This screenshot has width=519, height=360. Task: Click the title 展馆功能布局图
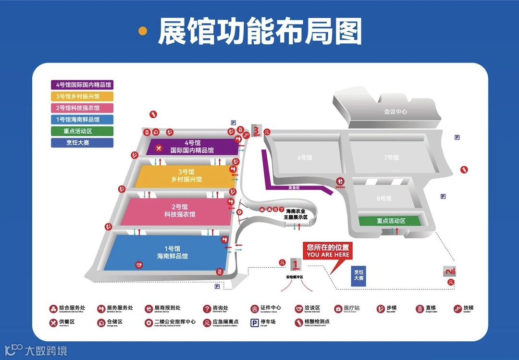tap(259, 32)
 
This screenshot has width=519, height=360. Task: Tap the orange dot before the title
tap(143, 31)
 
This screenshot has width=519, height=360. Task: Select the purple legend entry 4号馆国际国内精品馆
tap(82, 85)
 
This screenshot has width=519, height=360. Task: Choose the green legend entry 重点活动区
tap(82, 131)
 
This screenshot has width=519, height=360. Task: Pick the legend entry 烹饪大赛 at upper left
tap(82, 142)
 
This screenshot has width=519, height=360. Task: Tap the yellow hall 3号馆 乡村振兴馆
tap(185, 176)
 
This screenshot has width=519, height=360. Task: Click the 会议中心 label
tap(395, 112)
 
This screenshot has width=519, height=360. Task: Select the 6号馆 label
tap(305, 157)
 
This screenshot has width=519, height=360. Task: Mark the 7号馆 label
tap(391, 157)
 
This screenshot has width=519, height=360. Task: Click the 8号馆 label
tap(384, 198)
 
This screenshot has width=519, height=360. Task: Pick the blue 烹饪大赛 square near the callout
tap(358, 275)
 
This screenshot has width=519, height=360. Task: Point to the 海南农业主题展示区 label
tap(297, 214)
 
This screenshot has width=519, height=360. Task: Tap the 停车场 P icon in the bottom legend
tap(254, 323)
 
